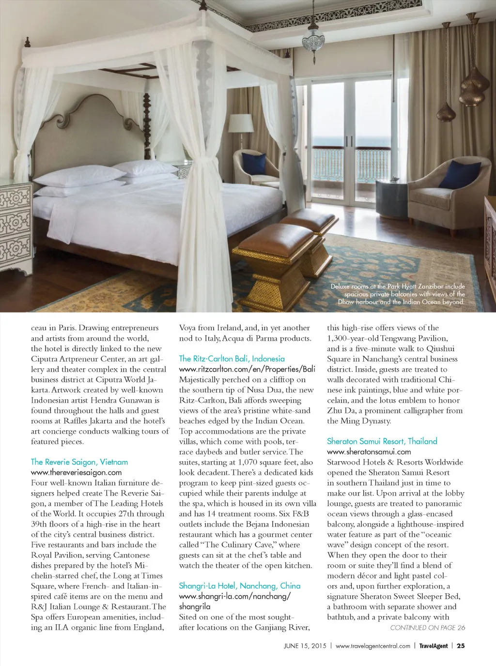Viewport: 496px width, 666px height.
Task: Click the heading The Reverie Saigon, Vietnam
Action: pos(79,462)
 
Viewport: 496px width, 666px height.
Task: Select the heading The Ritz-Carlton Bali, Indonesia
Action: pos(232,359)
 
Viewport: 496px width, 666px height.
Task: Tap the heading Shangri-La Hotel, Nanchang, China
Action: pos(239,586)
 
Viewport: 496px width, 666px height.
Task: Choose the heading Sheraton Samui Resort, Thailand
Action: pos(382,441)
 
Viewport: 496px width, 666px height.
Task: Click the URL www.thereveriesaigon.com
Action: pos(76,472)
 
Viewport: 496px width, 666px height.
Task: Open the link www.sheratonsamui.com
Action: pos(369,452)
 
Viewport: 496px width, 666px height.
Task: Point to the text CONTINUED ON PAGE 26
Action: pos(427,628)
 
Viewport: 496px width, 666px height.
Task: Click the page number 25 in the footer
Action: pos(461,646)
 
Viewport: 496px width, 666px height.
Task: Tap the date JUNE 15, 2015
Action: pos(305,646)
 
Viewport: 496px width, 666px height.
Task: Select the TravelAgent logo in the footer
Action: pos(434,646)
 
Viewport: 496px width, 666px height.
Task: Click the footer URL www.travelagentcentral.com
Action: pos(372,646)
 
